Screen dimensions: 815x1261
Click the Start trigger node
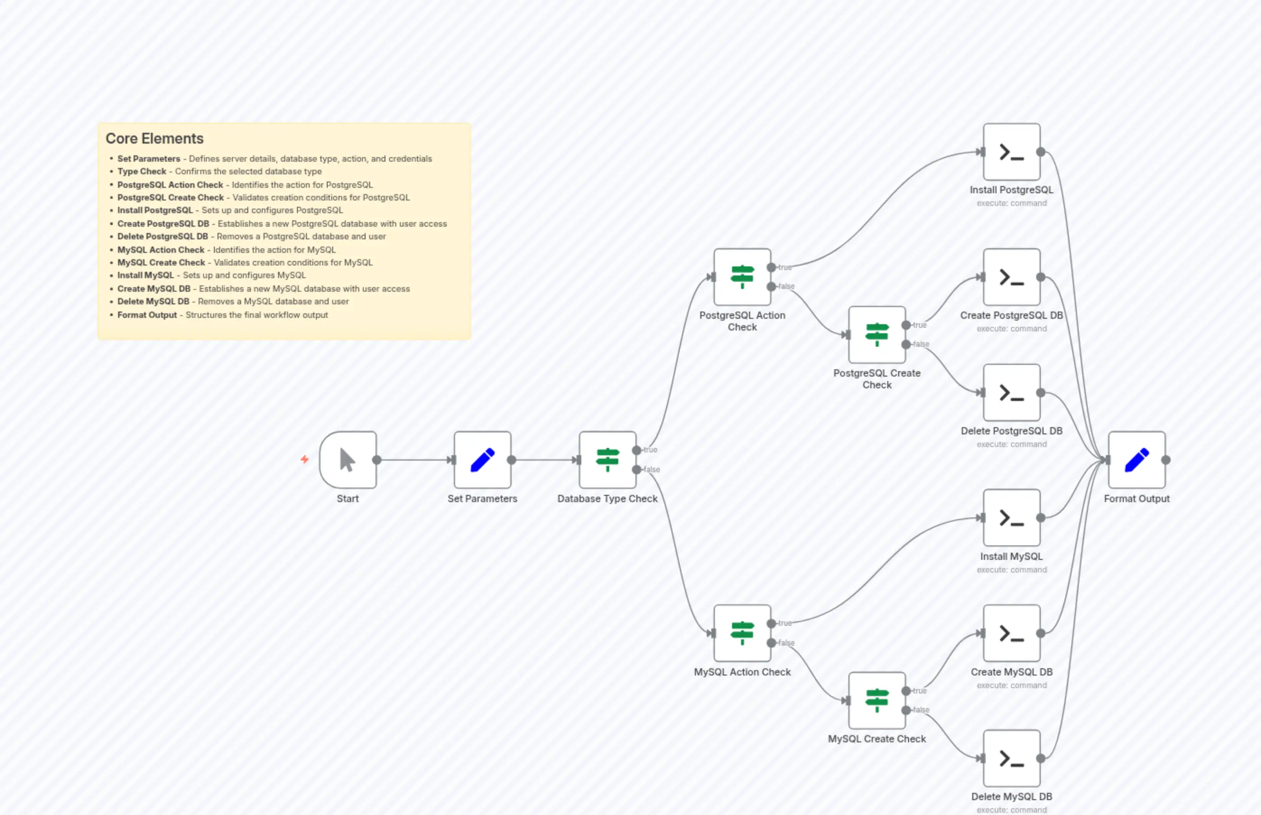(348, 459)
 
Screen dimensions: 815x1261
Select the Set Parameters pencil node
(482, 459)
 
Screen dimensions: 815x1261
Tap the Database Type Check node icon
(607, 459)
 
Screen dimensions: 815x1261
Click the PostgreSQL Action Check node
(742, 277)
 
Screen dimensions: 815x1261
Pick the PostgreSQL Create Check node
(877, 335)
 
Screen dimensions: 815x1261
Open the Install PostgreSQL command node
(1011, 152)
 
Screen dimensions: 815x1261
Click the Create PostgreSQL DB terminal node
(1011, 277)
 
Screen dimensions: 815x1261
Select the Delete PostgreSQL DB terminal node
(1011, 392)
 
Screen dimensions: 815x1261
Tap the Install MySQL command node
(1011, 517)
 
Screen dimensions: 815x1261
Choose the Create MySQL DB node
(1011, 633)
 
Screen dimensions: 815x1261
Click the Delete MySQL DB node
(1011, 758)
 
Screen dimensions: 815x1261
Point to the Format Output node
(1137, 459)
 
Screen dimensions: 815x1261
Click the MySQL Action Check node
(742, 633)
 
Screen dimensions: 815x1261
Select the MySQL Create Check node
(877, 700)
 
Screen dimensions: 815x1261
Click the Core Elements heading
(154, 139)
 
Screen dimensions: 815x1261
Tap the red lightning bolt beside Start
(305, 459)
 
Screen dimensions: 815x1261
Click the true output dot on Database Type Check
(636, 450)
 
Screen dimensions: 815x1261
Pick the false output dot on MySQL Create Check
(906, 710)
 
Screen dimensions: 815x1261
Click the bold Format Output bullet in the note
(147, 315)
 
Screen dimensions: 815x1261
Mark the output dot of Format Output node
(1166, 459)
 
